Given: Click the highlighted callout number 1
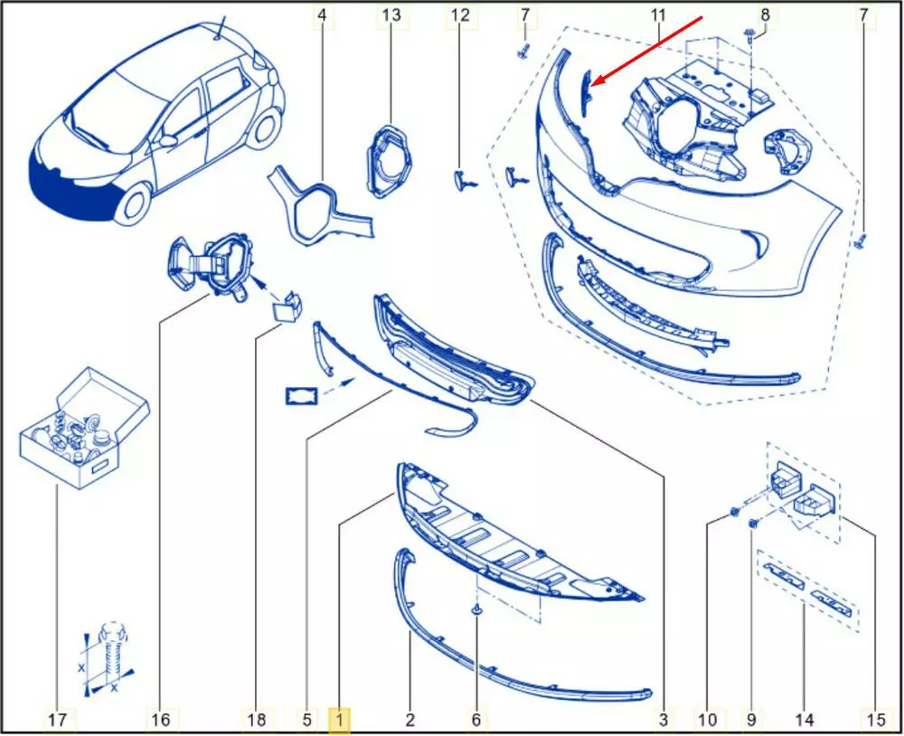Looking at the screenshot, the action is click(339, 720).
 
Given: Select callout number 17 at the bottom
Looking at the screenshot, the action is click(57, 720).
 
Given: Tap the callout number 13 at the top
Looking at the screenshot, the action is click(391, 14).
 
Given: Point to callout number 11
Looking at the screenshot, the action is click(658, 14).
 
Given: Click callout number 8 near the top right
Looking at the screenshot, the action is click(765, 14).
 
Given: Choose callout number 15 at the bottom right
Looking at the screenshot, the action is click(875, 720).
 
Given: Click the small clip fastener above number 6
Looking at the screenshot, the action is click(476, 609).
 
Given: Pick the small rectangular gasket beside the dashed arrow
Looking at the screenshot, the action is click(302, 396).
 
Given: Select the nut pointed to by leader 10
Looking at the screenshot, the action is click(734, 512).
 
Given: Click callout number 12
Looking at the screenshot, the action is click(460, 14).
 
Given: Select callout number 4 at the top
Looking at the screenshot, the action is click(323, 14).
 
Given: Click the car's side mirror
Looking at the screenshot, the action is click(168, 140).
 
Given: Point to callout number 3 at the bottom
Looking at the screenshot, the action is click(664, 720).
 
